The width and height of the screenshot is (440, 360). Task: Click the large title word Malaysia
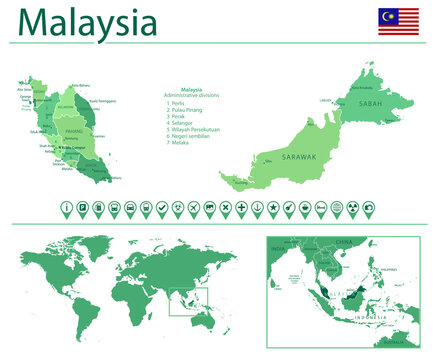pyautogui.click(x=88, y=21)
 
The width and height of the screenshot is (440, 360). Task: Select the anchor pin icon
pyautogui.click(x=258, y=207)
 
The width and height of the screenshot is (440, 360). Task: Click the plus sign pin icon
pyautogui.click(x=242, y=207)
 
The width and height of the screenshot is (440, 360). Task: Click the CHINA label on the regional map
pyautogui.click(x=346, y=242)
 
